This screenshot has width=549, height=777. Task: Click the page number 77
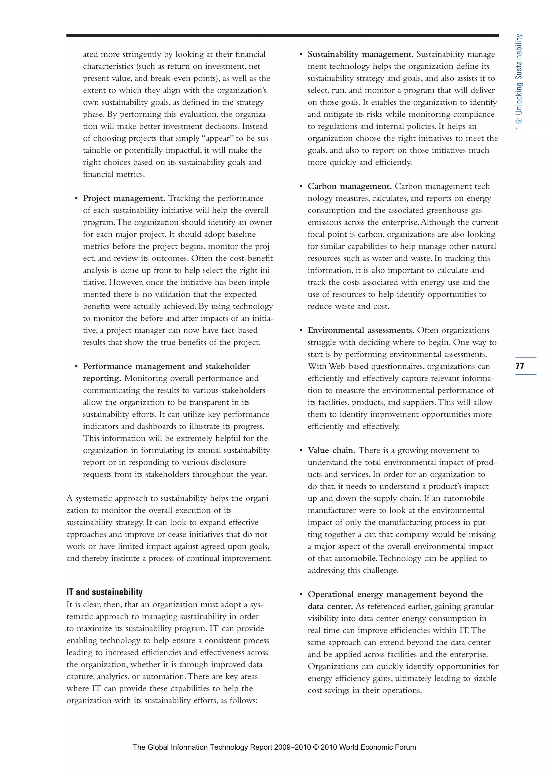[x=520, y=366]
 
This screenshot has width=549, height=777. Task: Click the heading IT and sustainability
[x=105, y=592]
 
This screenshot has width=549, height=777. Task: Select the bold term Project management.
[x=124, y=198]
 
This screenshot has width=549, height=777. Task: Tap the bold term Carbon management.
[x=350, y=186]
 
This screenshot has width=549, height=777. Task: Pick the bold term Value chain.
[x=331, y=450]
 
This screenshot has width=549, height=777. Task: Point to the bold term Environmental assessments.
[x=360, y=330]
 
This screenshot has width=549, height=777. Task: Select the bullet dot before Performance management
[x=76, y=366]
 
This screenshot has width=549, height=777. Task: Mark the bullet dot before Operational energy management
[x=301, y=595]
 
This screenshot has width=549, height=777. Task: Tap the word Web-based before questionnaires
[x=348, y=366]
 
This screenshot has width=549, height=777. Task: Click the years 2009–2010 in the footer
[x=292, y=747]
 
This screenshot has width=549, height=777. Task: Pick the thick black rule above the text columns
[x=282, y=35]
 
